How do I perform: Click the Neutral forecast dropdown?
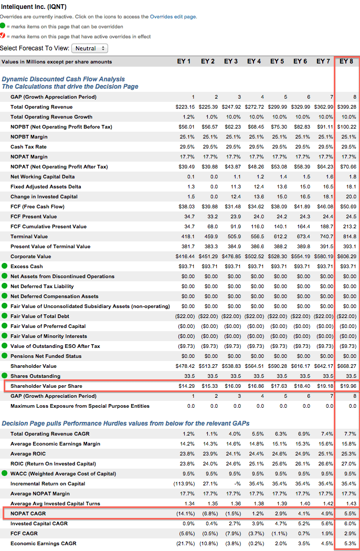90,48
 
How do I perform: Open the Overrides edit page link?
173,16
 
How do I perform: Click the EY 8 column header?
346,61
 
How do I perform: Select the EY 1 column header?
184,61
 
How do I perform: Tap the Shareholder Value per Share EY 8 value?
348,386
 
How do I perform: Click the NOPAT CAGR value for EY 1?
186,513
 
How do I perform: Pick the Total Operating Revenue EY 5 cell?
278,107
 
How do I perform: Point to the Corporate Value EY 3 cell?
231,257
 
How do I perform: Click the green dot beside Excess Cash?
4,266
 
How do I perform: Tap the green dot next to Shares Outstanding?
4,376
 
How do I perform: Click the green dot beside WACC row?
4,473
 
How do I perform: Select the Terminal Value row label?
29,237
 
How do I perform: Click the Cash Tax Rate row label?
28,147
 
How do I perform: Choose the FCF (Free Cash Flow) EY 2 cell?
209,207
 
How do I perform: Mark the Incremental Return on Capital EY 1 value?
184,483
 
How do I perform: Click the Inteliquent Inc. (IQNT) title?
34,7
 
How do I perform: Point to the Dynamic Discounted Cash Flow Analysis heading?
63,79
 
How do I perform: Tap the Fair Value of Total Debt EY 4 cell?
254,316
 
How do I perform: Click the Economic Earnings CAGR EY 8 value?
350,543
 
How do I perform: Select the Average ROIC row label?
28,454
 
